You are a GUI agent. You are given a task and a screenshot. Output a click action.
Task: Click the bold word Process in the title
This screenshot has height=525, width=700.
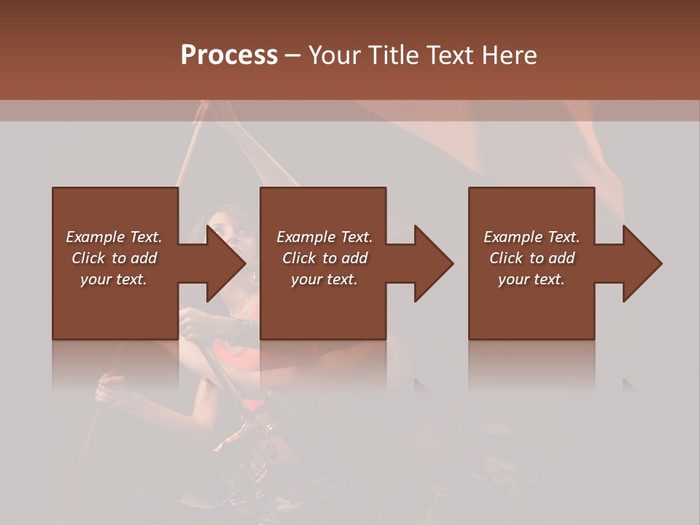click(x=229, y=55)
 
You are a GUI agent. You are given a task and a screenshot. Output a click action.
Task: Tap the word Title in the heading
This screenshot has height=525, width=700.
click(x=392, y=55)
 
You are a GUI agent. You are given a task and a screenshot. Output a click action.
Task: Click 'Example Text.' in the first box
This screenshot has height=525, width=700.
click(x=114, y=237)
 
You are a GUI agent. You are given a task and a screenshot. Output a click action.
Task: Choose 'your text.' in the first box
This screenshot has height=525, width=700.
click(x=114, y=279)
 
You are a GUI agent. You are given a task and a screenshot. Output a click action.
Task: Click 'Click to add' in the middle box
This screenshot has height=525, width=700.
click(x=324, y=258)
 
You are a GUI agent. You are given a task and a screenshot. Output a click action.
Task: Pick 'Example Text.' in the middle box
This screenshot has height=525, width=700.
click(x=324, y=237)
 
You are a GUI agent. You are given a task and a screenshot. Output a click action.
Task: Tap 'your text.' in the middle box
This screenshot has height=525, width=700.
click(x=324, y=279)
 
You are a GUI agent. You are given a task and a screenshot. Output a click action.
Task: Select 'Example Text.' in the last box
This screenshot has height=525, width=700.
click(x=532, y=237)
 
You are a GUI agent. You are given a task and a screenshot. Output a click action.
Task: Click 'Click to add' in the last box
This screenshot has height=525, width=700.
click(x=532, y=258)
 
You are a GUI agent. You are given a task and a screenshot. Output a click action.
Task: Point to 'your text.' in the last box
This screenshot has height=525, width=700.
click(x=532, y=279)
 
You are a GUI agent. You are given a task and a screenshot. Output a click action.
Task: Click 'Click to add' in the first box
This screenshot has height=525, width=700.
click(x=114, y=258)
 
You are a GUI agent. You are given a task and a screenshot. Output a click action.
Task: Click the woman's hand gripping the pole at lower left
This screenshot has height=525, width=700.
click(x=109, y=386)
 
